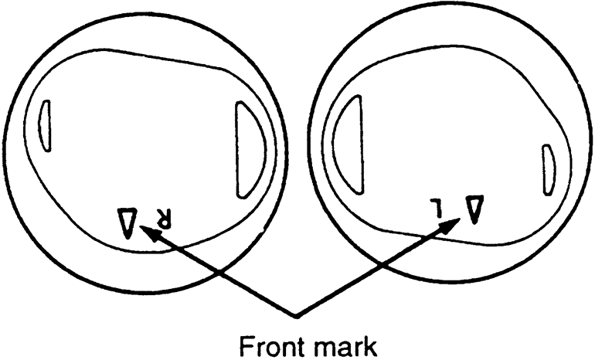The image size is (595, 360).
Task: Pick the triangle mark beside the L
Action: pos(473,206)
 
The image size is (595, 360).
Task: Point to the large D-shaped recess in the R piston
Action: pos(250,149)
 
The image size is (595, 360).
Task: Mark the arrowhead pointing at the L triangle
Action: pos(451,225)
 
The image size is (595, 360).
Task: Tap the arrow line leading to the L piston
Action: pos(375,270)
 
